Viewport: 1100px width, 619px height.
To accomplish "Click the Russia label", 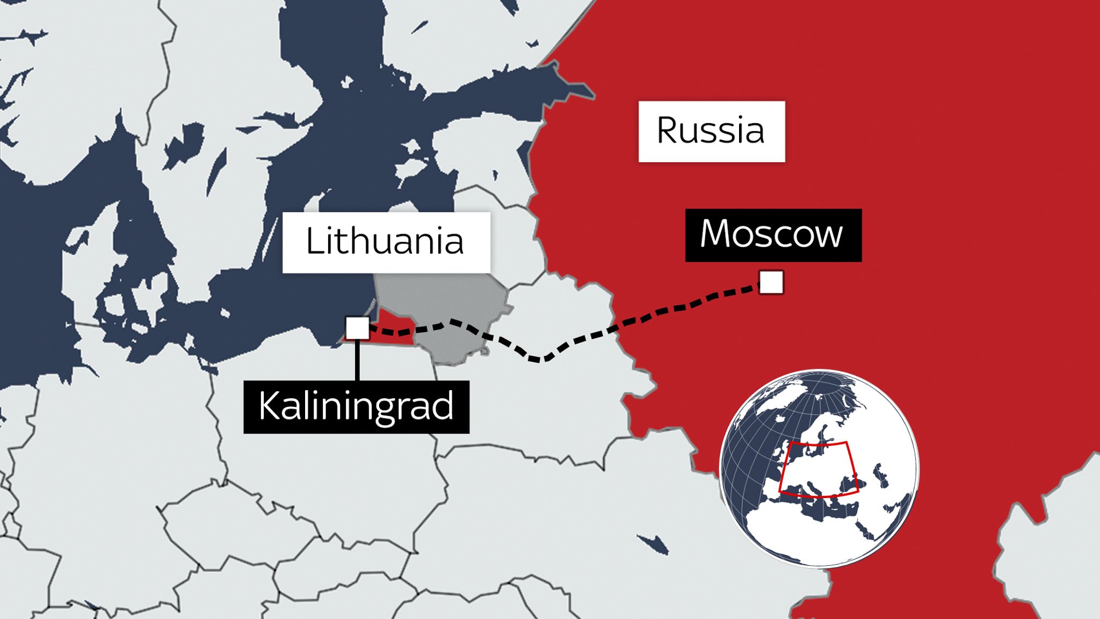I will pyautogui.click(x=711, y=131).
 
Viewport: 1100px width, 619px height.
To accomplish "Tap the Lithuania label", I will pyautogui.click(x=386, y=242).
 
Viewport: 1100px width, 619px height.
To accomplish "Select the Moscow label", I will pyautogui.click(x=773, y=235).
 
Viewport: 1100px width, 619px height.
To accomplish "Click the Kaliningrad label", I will pyautogui.click(x=356, y=407).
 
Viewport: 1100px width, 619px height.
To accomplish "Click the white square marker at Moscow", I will pyautogui.click(x=771, y=283).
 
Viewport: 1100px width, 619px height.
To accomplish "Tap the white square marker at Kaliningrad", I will pyautogui.click(x=357, y=328).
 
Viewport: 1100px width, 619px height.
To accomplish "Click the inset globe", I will pyautogui.click(x=819, y=467).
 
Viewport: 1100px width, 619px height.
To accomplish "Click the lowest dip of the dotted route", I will pyautogui.click(x=540, y=359).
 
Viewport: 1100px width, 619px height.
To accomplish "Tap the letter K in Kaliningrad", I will pyautogui.click(x=269, y=407).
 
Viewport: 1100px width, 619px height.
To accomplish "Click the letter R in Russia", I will pyautogui.click(x=668, y=131).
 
